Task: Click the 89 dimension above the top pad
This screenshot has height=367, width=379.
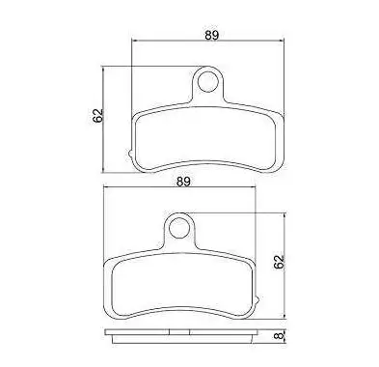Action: point(212,35)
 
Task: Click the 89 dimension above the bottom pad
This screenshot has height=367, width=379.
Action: point(183,182)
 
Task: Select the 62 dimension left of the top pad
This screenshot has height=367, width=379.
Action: point(97,115)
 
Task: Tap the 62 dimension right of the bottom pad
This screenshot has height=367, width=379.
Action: point(280,262)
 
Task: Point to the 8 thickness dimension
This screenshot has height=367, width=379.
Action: point(280,335)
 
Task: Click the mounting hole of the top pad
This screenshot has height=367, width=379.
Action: point(207,82)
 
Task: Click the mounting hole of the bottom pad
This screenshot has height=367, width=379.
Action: point(178,228)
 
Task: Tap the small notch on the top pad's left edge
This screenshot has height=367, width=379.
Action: point(130,154)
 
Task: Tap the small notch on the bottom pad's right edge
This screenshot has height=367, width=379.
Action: point(257,299)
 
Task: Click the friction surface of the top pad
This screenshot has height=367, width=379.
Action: point(206,138)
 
